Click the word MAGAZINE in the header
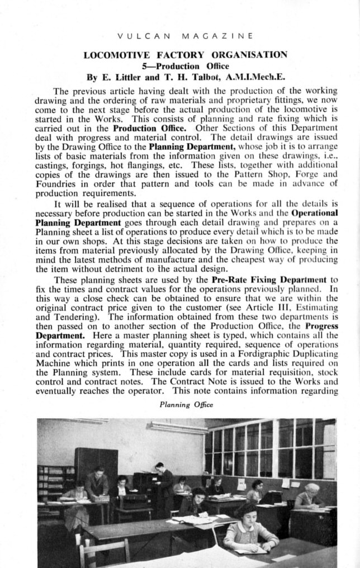pos(217,36)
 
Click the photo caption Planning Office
pos(179,405)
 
